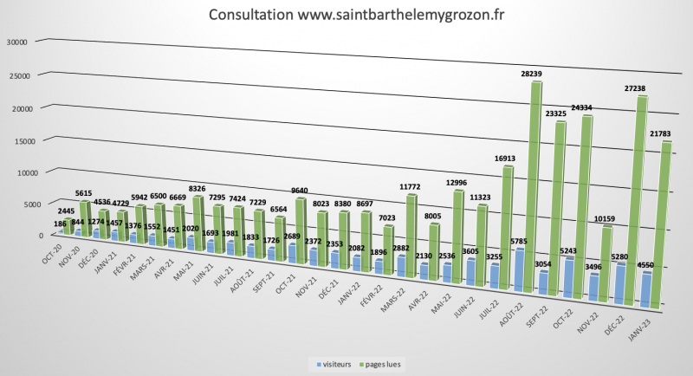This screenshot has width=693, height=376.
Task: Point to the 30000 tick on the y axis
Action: [17, 42]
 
